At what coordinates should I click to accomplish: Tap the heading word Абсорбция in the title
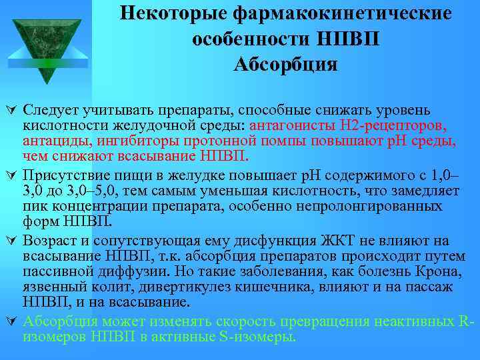286,65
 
